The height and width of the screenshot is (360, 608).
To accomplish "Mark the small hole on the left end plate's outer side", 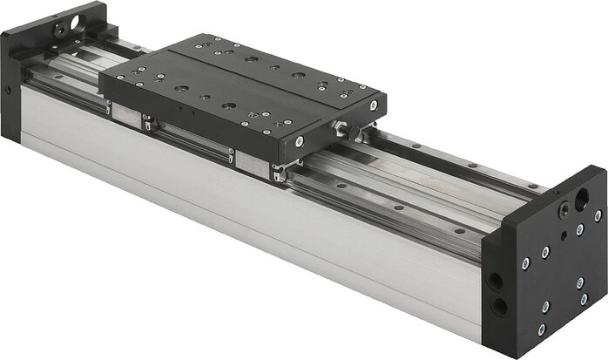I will [8, 88].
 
